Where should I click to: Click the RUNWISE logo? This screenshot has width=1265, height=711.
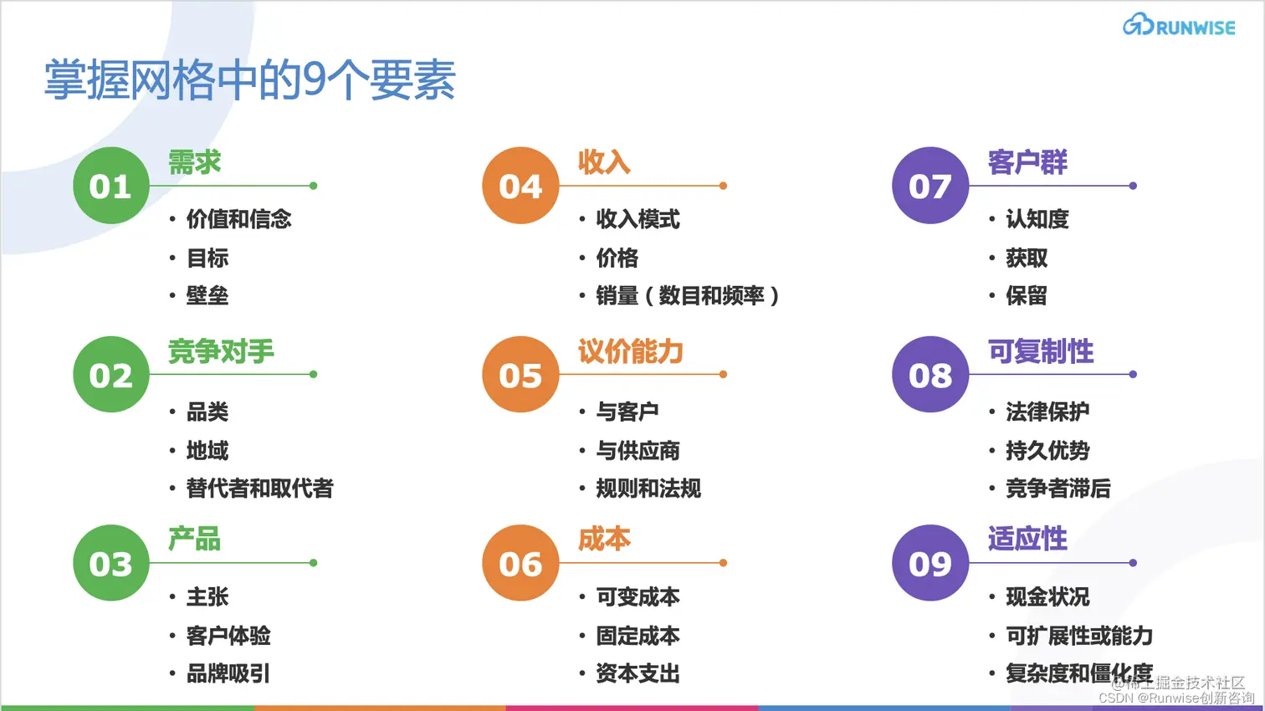point(1179,26)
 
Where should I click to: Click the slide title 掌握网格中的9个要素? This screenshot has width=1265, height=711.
point(249,80)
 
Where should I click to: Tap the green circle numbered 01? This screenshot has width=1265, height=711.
point(110,186)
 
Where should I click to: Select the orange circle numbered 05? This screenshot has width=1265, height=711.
point(520,375)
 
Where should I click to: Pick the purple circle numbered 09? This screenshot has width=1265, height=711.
point(930,563)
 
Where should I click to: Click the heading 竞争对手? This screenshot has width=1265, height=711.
point(221,351)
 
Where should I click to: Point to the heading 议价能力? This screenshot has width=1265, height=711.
point(631,351)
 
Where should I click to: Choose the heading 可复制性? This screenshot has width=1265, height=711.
point(1041,351)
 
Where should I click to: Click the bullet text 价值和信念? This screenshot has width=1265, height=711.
point(238,219)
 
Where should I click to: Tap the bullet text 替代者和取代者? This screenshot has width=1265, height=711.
point(259,488)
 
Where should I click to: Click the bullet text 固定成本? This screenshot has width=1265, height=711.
point(638,636)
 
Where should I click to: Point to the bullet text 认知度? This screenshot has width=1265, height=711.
point(1037,219)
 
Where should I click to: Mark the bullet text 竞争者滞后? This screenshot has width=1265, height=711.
point(1058,488)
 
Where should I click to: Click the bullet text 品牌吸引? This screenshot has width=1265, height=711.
point(228,673)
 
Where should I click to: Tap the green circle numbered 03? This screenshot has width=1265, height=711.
point(110,563)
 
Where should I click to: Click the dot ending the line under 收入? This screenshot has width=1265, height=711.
point(723,186)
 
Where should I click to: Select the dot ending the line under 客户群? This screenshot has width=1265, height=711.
point(1133,186)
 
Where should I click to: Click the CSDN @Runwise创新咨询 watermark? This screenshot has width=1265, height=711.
point(1175,698)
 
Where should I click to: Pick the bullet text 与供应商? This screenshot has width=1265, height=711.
point(638,451)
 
